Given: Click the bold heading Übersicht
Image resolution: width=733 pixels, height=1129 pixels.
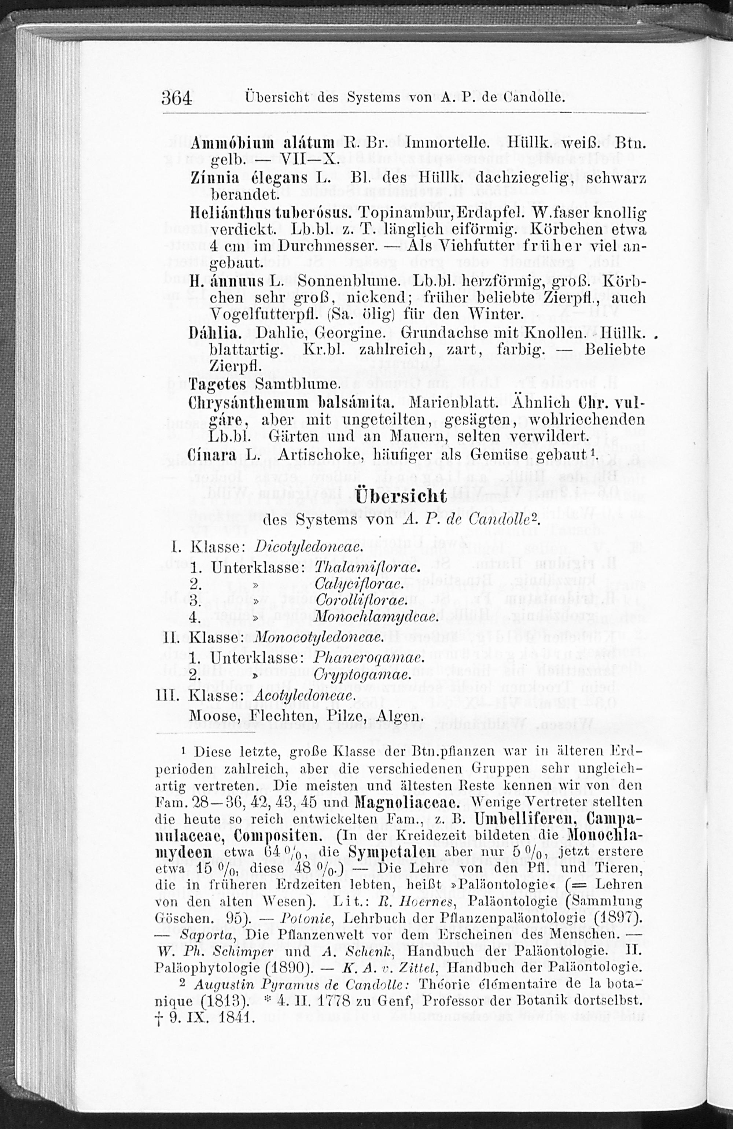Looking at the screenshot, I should pos(401,497).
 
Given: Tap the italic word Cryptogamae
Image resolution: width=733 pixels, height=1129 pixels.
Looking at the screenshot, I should pos(361,675).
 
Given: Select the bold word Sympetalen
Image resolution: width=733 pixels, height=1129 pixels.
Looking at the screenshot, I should pos(391,852).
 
